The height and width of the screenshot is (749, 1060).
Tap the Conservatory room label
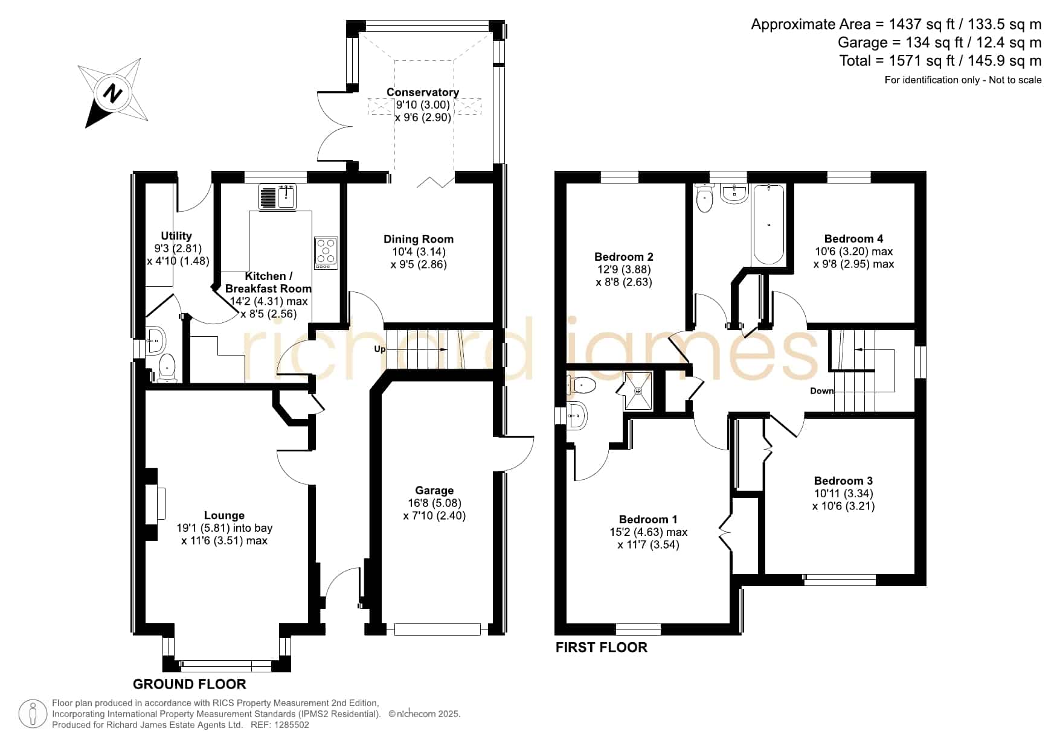pos(423,92)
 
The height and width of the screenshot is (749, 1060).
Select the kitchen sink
pos(277,196)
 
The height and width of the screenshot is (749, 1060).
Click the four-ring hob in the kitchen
pos(326,253)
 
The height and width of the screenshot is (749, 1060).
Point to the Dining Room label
pos(419,239)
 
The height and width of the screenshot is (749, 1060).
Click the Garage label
pos(434,491)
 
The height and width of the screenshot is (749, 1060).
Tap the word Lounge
pos(224,515)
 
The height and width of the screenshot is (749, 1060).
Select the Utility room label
pos(176,236)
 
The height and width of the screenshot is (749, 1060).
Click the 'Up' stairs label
pos(380,349)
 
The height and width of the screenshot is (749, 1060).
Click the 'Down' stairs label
pos(822,391)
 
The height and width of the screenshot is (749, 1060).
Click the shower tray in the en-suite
pos(638,390)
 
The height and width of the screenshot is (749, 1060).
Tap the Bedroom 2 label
pos(624,257)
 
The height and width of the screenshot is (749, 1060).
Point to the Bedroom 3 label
pos(843,480)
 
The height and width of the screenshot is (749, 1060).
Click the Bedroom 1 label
pos(648,519)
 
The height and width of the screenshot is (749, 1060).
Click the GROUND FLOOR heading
pos(190,684)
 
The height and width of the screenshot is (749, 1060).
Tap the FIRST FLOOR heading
pos(602,647)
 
